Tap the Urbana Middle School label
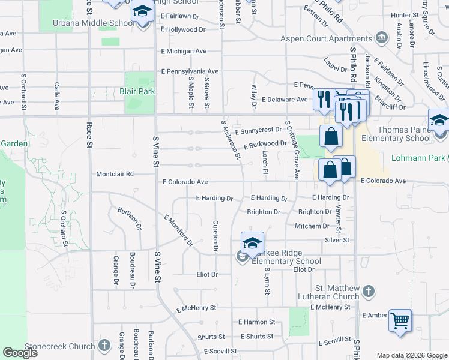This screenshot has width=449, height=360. click(93, 23)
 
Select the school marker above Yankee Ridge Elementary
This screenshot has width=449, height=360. click(252, 243)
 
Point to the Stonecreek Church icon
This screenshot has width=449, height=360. click(104, 346)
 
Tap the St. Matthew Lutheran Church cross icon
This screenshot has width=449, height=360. click(369, 292)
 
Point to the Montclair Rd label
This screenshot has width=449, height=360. click(115, 174)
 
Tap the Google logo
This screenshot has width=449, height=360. click(20, 353)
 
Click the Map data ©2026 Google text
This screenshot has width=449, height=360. click(412, 355)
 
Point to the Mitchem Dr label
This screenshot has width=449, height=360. click(312, 226)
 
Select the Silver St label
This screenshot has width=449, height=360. click(337, 240)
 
